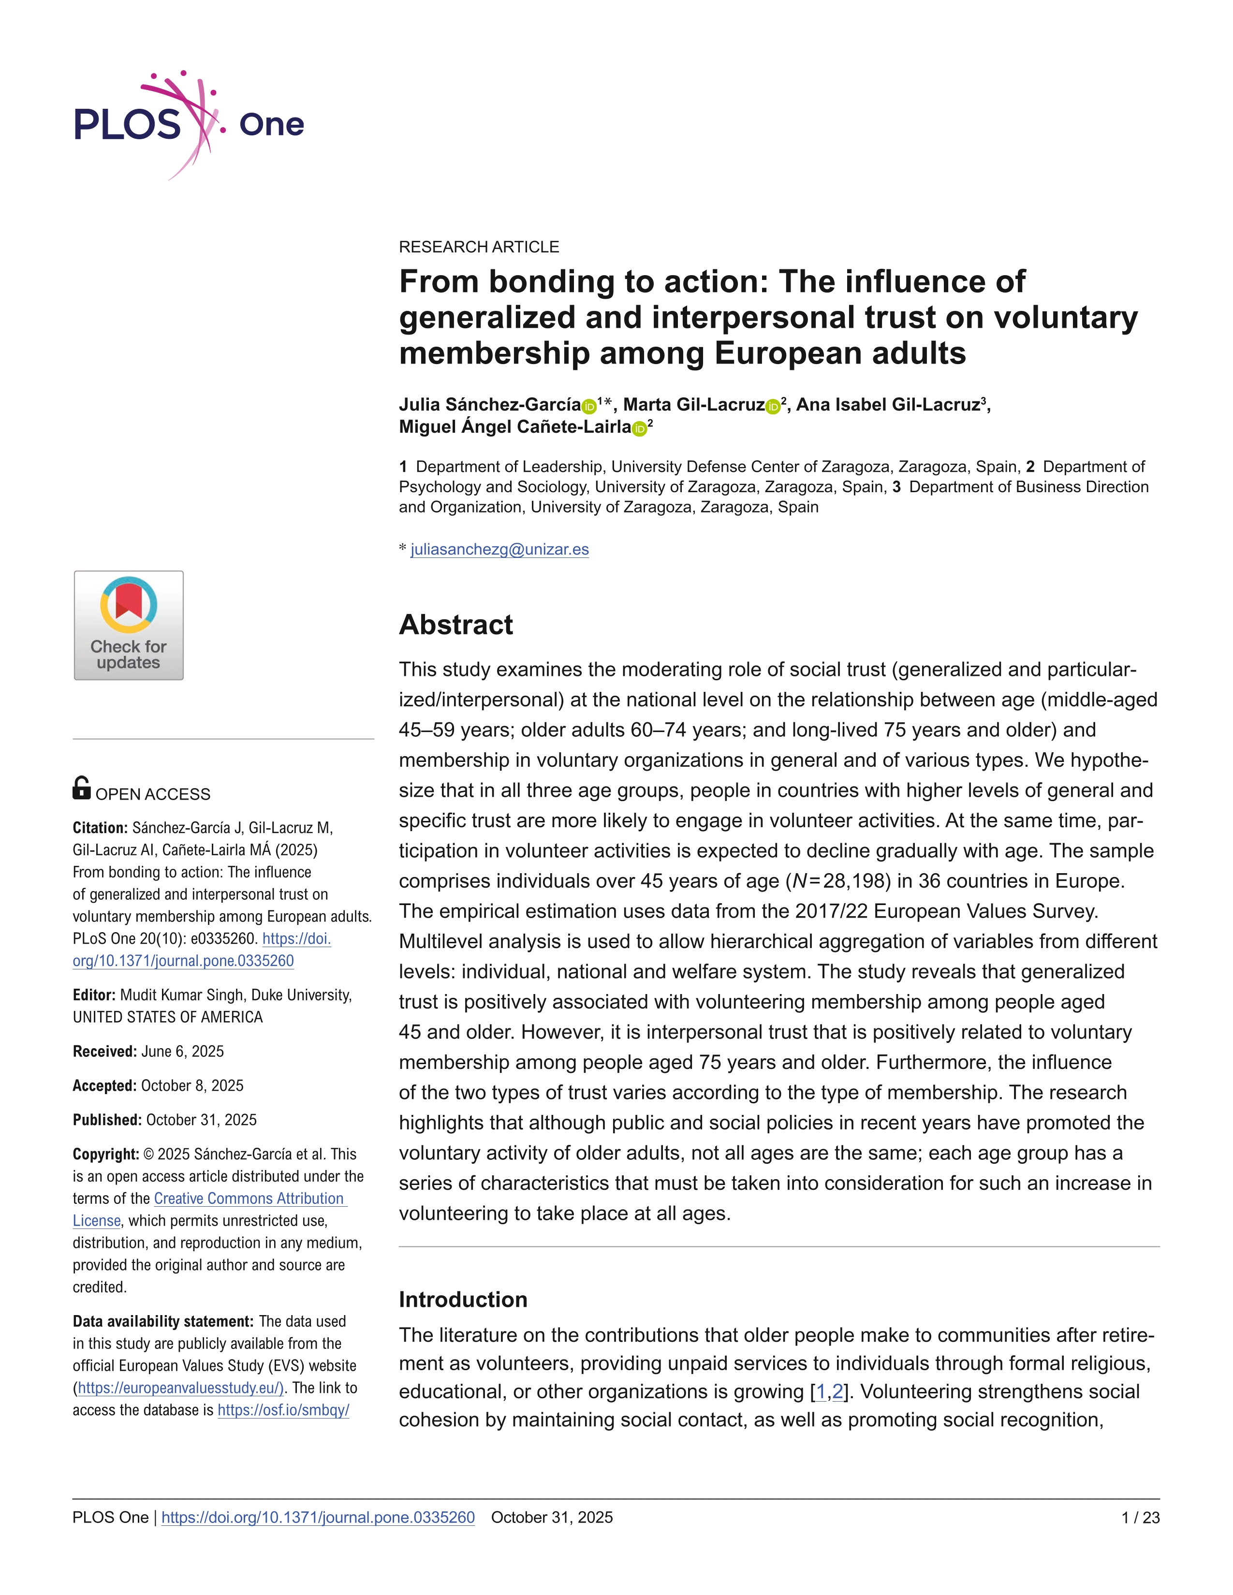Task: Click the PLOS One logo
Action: tap(189, 124)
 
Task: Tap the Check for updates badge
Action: tap(129, 625)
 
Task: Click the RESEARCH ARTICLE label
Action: tap(478, 247)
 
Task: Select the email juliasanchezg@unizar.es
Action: tap(499, 549)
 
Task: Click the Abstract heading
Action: tap(456, 625)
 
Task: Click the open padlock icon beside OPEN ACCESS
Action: tap(82, 788)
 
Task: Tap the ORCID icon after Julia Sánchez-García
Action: tap(589, 407)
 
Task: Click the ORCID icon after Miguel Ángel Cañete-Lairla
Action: tap(639, 429)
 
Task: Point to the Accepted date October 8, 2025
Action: tap(192, 1085)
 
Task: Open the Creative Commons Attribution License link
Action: tap(249, 1199)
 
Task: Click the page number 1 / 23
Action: tap(1140, 1518)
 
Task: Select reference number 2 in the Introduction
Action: tap(837, 1392)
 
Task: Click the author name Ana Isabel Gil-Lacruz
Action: tap(887, 405)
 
